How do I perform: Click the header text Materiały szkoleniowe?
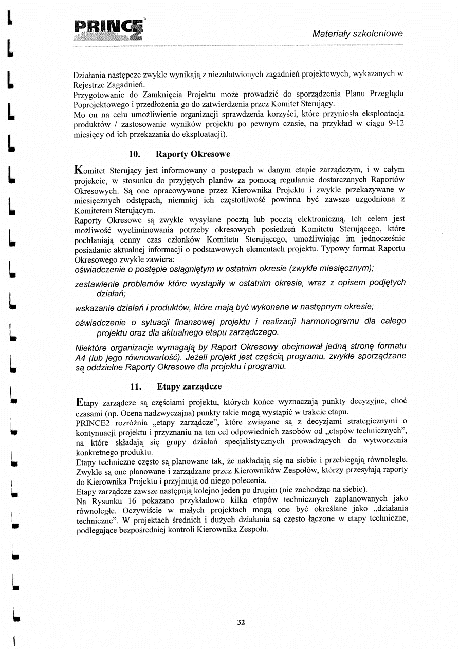358,34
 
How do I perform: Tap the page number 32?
241,622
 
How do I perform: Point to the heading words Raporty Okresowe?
193,154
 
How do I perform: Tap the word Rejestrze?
93,84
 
